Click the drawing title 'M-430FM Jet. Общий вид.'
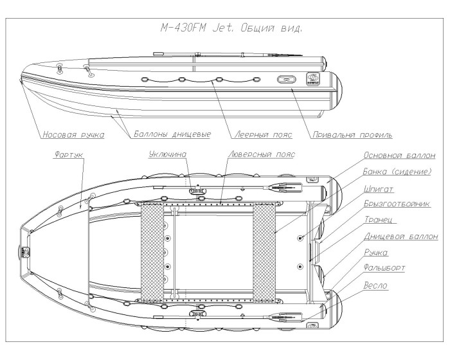[x=231, y=29]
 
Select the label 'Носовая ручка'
[x=74, y=136]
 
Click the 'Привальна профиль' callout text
[x=350, y=136]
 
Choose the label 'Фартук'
[x=66, y=156]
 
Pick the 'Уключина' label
[x=168, y=156]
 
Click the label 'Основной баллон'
[x=399, y=156]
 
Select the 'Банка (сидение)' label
[x=399, y=172]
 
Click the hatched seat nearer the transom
[x=264, y=251]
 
